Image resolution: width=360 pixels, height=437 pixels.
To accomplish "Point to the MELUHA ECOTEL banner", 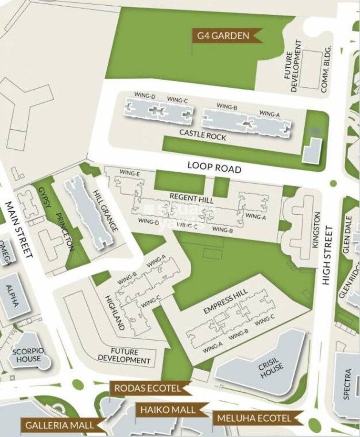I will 254,418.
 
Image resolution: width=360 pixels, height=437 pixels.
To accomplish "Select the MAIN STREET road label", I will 19,229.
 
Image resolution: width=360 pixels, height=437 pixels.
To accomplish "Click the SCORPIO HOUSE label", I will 29,355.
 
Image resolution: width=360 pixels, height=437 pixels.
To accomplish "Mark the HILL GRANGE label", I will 106,211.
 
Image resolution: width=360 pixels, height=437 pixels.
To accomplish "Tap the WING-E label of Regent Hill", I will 129,173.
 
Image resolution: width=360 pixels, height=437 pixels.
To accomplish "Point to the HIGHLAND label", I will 115,312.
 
